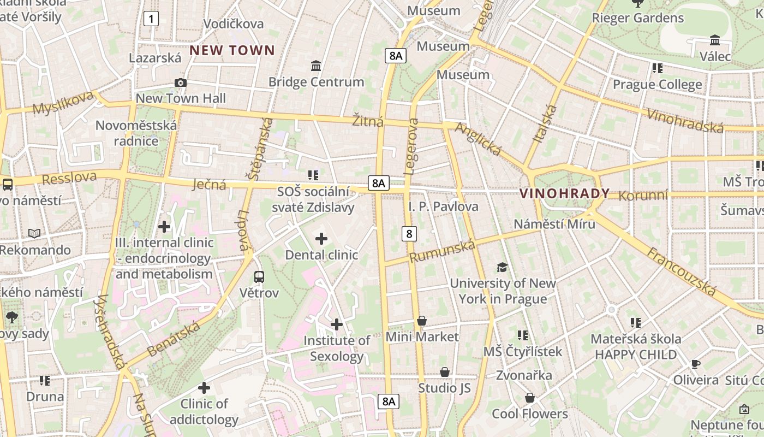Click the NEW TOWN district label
coord(232,51)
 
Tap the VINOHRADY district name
coord(564,193)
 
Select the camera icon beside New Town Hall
coord(180,82)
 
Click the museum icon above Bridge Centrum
coord(315,66)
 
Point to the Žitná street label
coord(367,121)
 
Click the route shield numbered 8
coord(409,234)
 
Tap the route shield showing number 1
coord(151,19)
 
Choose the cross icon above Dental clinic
coord(321,239)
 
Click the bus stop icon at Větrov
coord(259,277)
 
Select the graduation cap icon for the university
coord(502,267)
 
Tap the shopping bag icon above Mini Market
coord(422,321)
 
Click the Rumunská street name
coord(442,251)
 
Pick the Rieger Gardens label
coord(637,18)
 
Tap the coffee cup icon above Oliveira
coord(695,364)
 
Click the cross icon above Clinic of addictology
coord(204,388)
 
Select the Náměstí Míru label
coord(554,224)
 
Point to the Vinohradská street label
coord(685,120)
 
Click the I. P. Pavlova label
coord(443,206)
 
